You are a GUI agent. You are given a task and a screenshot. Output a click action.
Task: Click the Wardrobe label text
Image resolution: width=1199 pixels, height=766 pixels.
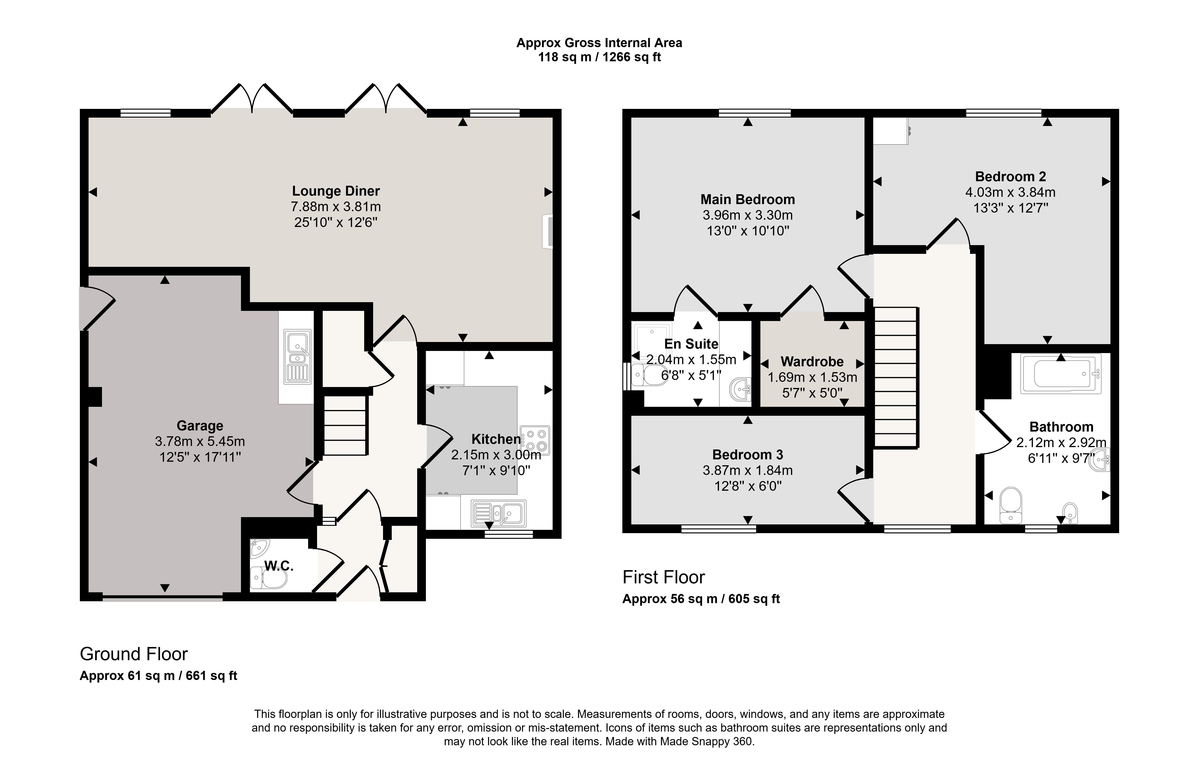(x=812, y=362)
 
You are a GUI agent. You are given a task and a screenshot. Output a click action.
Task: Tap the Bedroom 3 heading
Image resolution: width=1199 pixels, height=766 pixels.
(x=747, y=455)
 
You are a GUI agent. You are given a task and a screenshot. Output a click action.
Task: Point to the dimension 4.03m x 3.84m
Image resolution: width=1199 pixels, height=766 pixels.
(x=1010, y=192)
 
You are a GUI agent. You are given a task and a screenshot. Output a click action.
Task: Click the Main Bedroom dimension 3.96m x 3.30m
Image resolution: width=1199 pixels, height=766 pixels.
(x=747, y=215)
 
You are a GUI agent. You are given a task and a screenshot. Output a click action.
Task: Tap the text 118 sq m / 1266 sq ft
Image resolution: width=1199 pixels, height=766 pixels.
(x=599, y=57)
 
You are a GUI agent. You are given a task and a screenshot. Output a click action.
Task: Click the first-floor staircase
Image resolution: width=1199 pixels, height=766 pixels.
(x=896, y=377)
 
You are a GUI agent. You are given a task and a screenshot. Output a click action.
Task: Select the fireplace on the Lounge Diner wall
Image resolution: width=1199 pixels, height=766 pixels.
(x=548, y=231)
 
